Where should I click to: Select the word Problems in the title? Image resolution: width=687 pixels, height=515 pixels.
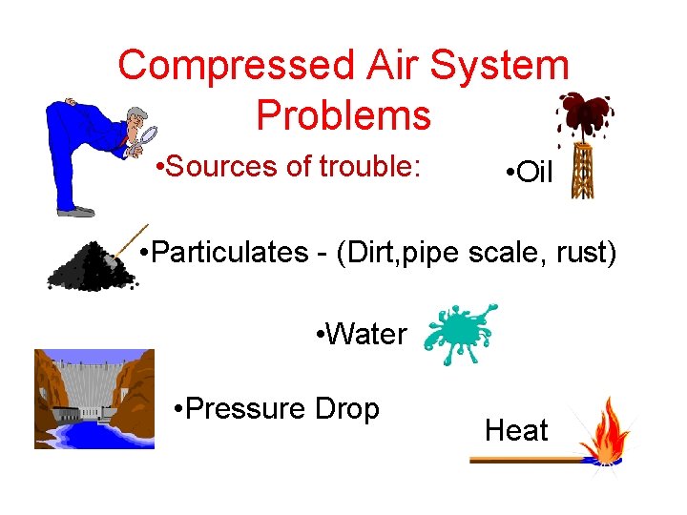343,115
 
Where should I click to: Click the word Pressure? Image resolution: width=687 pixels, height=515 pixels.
244,409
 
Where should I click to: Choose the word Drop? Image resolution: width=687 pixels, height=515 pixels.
345,409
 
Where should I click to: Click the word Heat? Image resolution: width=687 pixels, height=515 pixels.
516,431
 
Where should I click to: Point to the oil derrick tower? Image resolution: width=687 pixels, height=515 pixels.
581,172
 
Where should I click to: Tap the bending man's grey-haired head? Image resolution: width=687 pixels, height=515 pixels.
136,120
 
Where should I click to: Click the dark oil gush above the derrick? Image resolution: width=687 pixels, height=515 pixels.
583,113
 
